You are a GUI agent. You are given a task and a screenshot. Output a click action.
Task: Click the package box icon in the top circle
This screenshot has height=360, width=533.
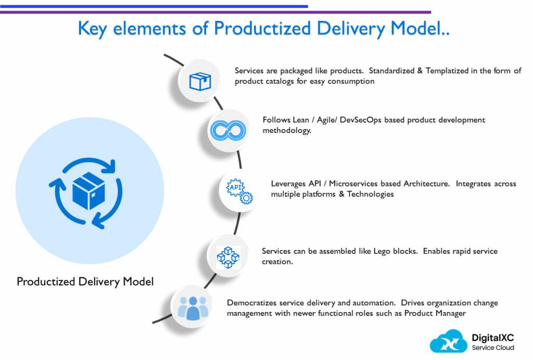(200, 81)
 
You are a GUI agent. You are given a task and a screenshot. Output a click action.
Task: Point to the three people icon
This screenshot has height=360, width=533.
(193, 307)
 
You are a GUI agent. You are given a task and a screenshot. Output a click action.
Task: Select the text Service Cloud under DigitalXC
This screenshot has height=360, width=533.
(493, 348)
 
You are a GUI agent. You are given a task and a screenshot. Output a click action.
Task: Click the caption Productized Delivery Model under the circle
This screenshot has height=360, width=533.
(85, 282)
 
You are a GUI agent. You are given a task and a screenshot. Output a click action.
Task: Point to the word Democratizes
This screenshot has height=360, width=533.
(252, 303)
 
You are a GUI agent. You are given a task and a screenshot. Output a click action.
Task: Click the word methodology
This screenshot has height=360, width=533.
(285, 130)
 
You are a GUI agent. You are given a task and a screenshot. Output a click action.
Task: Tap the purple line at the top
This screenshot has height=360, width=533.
(364, 11)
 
